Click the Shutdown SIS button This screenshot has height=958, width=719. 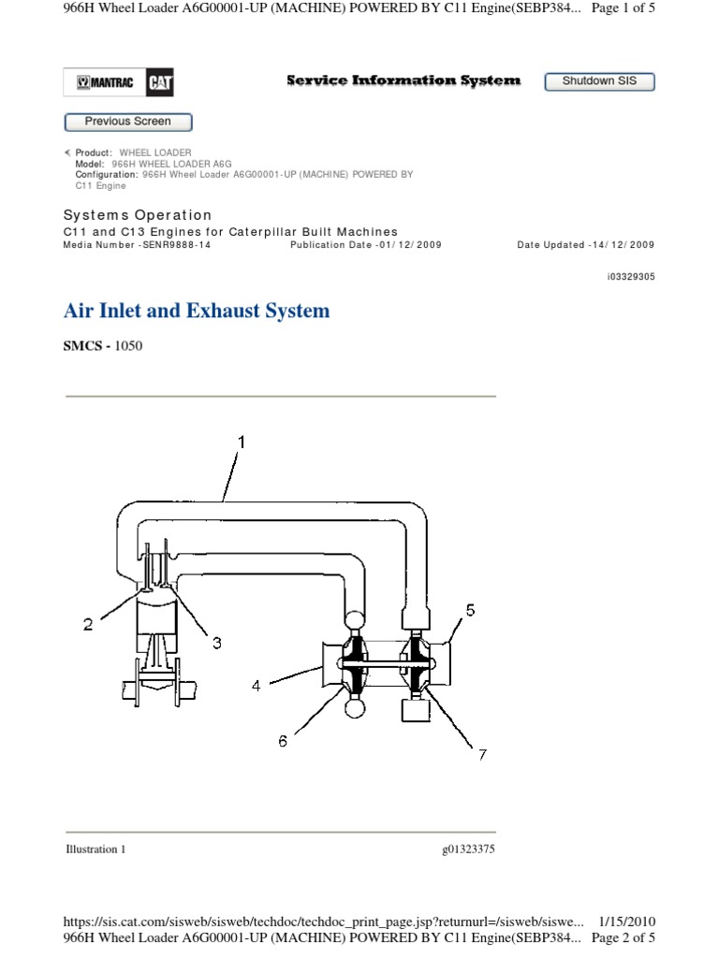click(599, 81)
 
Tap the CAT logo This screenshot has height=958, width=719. click(159, 83)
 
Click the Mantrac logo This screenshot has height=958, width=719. click(105, 83)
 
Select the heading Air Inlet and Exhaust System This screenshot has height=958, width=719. click(197, 311)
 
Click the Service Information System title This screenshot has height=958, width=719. click(403, 81)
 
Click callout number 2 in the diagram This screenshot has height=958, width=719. click(88, 625)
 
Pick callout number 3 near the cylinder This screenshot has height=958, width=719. click(216, 643)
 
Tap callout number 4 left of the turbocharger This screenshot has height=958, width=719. click(256, 685)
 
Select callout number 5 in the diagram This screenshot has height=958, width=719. click(471, 610)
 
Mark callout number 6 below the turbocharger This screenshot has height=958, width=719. click(283, 741)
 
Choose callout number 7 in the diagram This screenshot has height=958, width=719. click(482, 754)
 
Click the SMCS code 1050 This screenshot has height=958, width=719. click(128, 346)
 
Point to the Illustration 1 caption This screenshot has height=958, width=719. click(95, 849)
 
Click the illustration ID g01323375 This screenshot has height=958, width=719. click(468, 849)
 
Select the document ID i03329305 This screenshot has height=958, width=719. click(631, 277)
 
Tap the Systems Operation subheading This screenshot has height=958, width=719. click(138, 215)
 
